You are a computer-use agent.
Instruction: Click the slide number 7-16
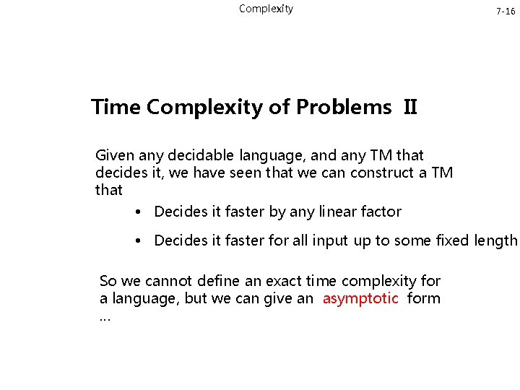coord(505,12)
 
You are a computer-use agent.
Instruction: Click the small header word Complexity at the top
coord(266,9)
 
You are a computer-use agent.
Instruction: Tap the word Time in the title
coord(116,108)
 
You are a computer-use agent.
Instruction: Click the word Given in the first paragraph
coord(115,155)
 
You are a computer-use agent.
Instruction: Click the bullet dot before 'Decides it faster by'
coord(137,212)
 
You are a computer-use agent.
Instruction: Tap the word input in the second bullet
coord(330,240)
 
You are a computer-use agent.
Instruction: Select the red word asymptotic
coord(360,299)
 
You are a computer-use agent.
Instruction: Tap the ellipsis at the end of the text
coord(105,317)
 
